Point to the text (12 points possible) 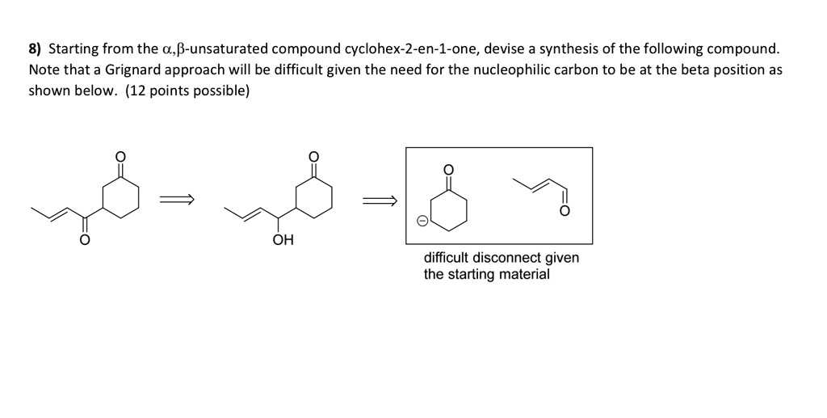click(187, 91)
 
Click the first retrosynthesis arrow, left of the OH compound click(177, 199)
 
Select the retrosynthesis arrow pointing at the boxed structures click(379, 200)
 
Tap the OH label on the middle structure click(283, 241)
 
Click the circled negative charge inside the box click(422, 222)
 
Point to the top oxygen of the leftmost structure click(120, 156)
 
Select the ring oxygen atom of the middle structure click(314, 156)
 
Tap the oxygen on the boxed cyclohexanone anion click(449, 169)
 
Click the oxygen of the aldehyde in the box click(565, 212)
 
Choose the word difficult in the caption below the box click(446, 258)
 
